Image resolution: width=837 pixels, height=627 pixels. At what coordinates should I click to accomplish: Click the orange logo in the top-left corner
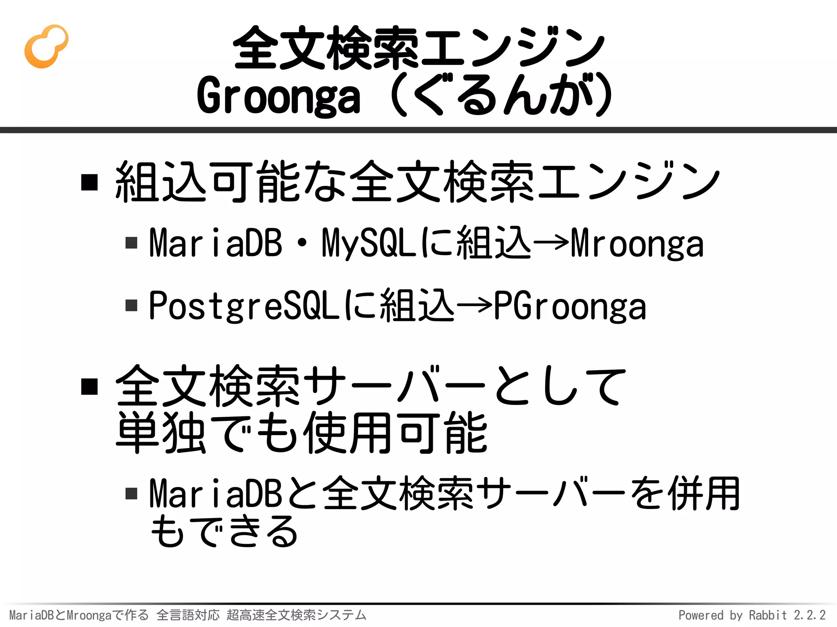tap(46, 46)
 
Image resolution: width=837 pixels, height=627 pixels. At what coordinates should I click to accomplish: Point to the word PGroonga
tap(570, 306)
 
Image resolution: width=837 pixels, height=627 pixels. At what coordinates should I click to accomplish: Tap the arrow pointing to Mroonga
tap(551, 242)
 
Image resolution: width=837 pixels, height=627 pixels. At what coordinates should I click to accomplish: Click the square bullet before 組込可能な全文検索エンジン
tap(90, 182)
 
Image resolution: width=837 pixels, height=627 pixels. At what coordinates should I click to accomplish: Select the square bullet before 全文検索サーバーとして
tap(90, 386)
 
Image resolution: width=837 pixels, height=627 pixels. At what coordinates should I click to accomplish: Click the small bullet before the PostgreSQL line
tap(131, 305)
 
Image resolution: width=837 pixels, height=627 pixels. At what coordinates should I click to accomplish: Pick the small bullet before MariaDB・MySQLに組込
tap(131, 243)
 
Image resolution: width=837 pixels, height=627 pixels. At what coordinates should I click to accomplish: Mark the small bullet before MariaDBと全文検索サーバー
tap(131, 494)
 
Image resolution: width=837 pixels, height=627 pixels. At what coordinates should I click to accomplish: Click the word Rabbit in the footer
tap(768, 615)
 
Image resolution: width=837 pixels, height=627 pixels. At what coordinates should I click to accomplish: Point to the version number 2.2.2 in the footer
tap(810, 615)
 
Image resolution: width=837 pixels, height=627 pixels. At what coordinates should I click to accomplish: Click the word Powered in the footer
tap(700, 615)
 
